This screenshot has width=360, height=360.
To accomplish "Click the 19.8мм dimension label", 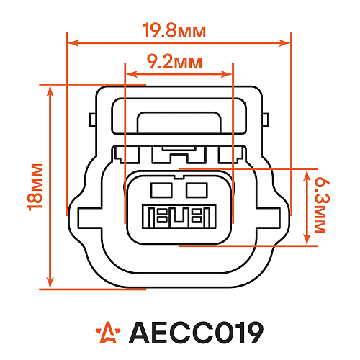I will tap(174, 31).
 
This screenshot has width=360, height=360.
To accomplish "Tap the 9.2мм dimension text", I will tap(174, 61).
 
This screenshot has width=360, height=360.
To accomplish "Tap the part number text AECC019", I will tap(194, 332).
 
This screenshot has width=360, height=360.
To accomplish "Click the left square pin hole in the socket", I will tap(160, 190).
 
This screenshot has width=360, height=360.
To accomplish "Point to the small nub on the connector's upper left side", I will tap(91, 120).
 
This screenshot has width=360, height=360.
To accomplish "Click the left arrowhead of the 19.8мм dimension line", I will tap(71, 43).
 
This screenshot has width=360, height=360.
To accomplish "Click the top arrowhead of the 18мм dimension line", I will tap(50, 89).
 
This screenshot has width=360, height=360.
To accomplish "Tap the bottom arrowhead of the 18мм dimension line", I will tap(50, 284).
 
